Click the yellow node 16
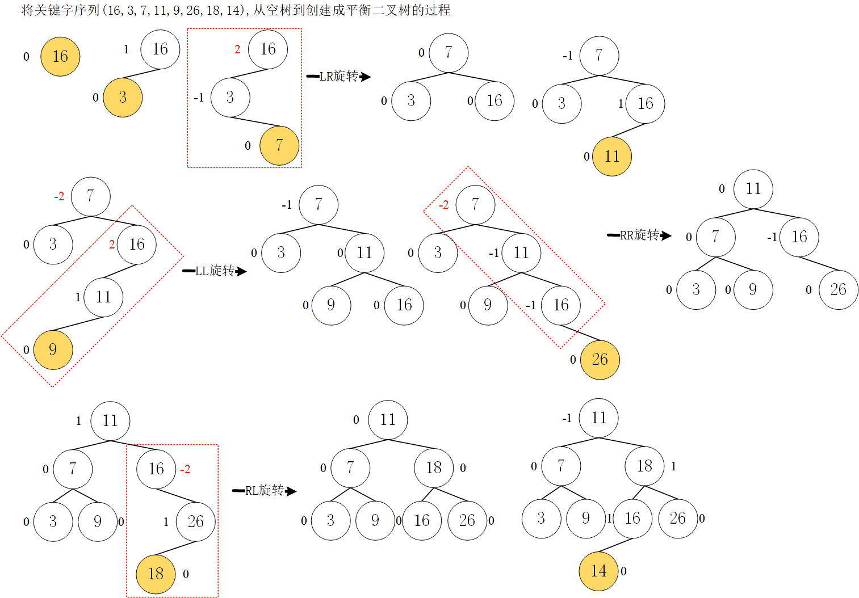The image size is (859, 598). [x=60, y=57]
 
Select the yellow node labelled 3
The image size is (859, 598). [x=123, y=98]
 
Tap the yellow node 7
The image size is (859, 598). [x=279, y=146]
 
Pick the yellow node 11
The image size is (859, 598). [x=611, y=157]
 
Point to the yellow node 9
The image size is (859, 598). [x=53, y=349]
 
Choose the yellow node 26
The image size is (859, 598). [x=600, y=360]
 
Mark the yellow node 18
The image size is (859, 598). [x=156, y=574]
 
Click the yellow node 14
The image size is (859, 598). [x=598, y=571]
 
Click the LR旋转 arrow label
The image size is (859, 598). [x=338, y=77]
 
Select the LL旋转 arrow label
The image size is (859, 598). [x=215, y=271]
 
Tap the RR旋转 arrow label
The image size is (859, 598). [x=639, y=235]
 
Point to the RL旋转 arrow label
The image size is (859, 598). [x=265, y=491]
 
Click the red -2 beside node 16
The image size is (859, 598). [x=185, y=470]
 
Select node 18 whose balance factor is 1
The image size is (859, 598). [x=644, y=466]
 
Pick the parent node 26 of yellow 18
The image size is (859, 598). [x=195, y=522]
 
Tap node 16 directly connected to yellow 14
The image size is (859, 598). [x=632, y=519]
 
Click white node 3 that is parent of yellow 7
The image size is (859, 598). [x=230, y=98]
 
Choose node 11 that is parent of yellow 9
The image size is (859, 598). [x=103, y=297]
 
